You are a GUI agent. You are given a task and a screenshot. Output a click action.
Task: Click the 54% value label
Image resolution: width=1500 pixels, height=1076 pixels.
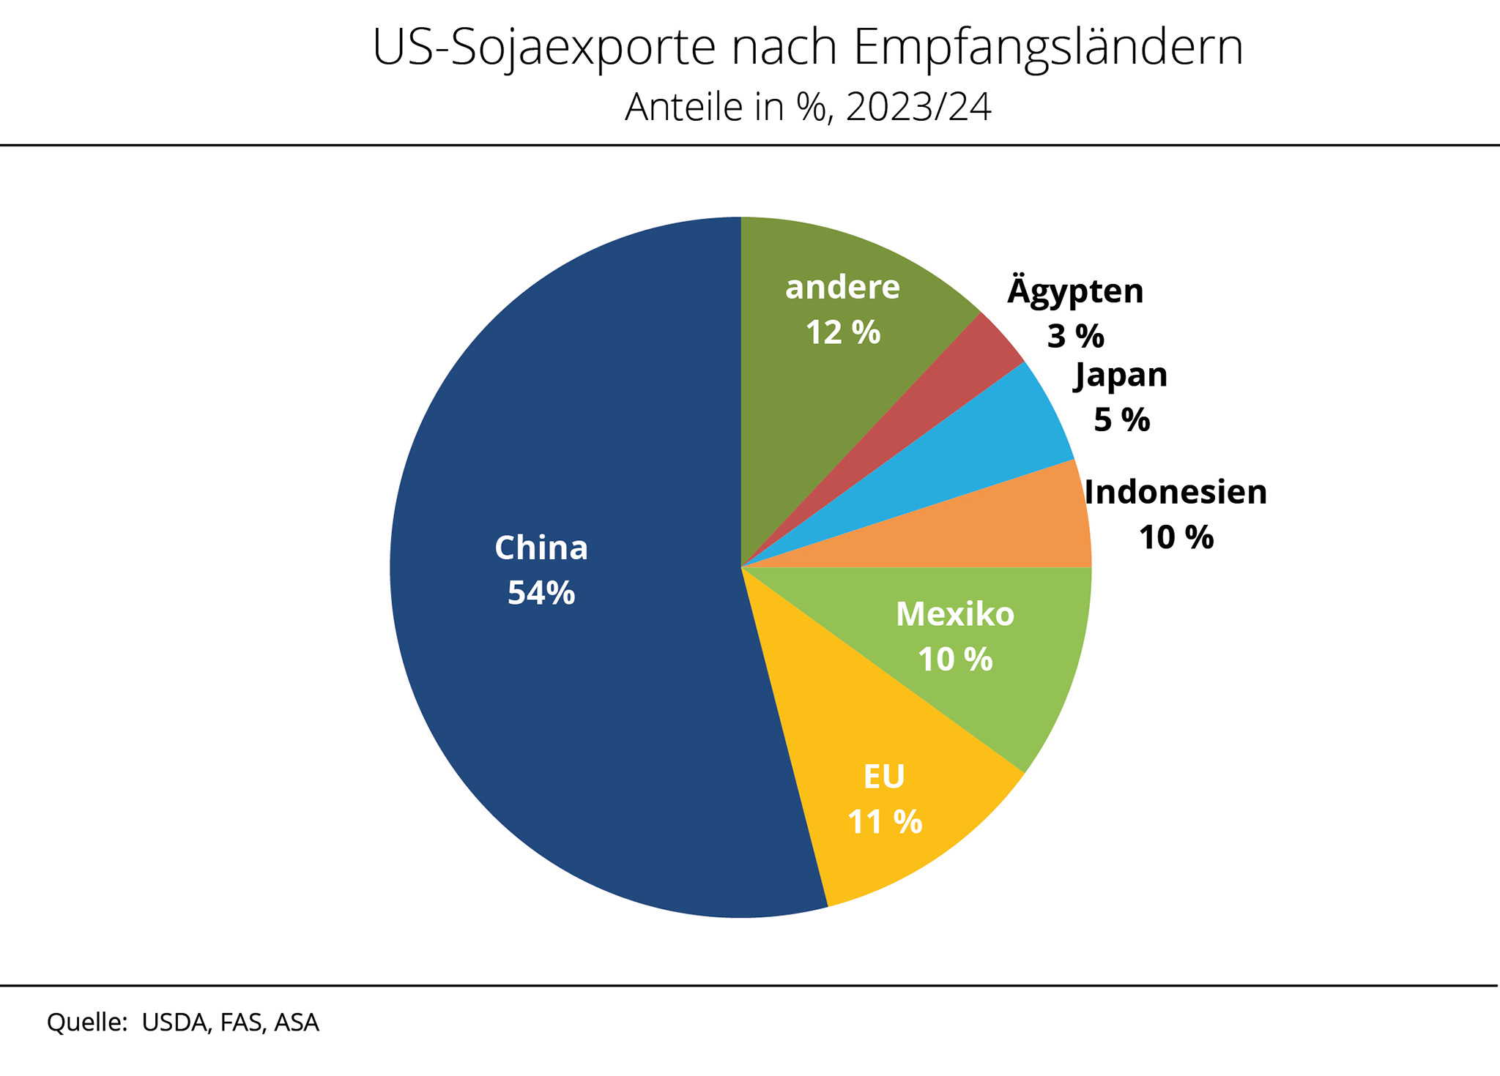coord(541,593)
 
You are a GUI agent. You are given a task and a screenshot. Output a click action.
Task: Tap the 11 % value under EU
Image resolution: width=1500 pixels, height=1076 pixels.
coord(884,821)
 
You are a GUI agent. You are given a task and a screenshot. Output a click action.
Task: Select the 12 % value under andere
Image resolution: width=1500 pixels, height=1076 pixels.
coord(842,333)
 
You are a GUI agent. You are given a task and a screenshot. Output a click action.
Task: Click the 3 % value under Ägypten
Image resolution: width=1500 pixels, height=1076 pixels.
coord(1075,337)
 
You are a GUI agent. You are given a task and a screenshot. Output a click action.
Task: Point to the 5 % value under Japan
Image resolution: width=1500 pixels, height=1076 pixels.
coord(1121,420)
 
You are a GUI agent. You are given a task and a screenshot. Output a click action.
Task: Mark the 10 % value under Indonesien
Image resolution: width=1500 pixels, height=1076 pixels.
coord(1176,538)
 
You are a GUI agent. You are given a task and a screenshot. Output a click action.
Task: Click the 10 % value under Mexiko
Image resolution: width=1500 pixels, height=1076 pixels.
coord(954,660)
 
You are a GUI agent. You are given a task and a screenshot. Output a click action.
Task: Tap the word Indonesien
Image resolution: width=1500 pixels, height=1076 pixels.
coord(1176,492)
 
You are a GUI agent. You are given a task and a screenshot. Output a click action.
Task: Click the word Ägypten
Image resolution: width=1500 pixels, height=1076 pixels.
coord(1075,291)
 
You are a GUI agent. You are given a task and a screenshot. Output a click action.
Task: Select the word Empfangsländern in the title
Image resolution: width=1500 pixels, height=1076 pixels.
coord(1048,48)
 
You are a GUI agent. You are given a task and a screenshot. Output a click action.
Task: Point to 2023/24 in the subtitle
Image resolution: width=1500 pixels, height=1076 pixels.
coord(918,108)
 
